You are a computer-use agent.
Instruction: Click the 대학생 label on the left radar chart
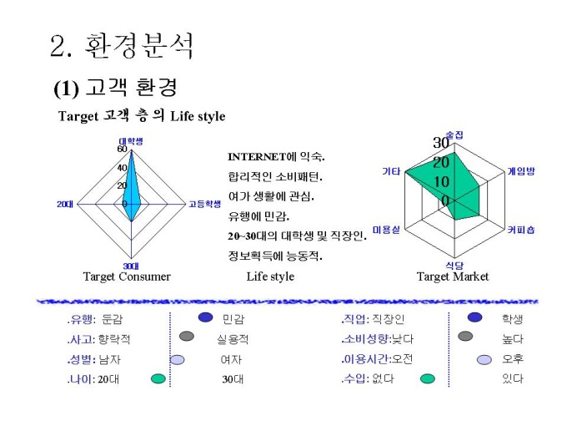131,141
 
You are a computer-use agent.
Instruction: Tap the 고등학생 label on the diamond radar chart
204,204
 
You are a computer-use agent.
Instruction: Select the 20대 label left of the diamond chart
65,205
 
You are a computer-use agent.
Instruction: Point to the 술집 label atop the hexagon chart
454,134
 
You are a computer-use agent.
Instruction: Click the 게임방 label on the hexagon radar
521,171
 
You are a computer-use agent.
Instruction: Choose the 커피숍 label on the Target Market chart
521,230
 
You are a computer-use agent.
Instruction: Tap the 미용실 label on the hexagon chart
386,230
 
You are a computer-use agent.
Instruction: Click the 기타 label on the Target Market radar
391,171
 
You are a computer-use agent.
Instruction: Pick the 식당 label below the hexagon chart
454,266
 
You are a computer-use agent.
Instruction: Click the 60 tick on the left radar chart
123,149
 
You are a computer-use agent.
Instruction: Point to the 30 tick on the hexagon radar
441,143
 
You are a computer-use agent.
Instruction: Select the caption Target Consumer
127,276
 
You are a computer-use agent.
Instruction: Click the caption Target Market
453,276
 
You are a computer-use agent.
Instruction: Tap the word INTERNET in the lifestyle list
257,157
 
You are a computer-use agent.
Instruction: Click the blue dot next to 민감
206,317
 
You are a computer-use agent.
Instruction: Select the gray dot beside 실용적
187,336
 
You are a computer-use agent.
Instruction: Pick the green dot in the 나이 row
158,378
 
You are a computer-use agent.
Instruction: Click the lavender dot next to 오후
484,360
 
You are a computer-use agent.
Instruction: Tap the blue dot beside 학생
474,317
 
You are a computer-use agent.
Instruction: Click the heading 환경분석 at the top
139,46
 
